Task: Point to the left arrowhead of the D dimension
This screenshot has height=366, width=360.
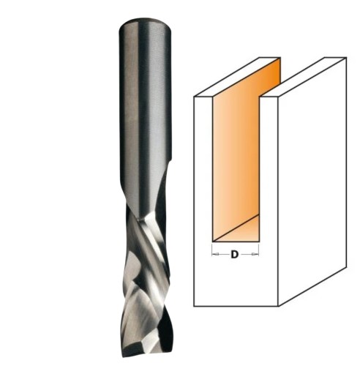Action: coord(214,255)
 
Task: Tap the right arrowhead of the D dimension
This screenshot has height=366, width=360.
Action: coord(258,255)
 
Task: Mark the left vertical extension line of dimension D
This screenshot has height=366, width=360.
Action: coord(211,250)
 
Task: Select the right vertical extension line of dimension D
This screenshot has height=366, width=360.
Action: coord(260,250)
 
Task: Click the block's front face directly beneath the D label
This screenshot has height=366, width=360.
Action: coord(235,282)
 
